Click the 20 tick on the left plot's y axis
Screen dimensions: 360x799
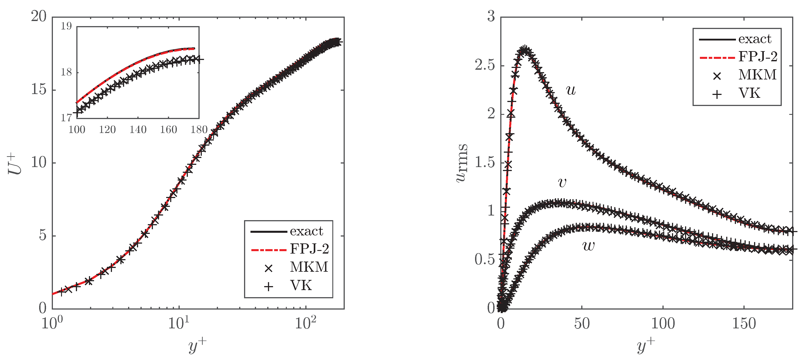tap(39, 16)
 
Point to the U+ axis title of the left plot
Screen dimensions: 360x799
tap(15, 164)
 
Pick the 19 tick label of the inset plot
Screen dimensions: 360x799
tap(66, 26)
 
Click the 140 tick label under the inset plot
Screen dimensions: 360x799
tap(138, 130)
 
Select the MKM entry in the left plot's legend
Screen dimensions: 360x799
tap(309, 267)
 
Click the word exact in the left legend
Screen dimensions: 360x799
tap(306, 231)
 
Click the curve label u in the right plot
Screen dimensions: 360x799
tap(571, 90)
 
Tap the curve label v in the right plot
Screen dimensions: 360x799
tap(562, 182)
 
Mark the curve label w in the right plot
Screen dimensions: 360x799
tap(588, 246)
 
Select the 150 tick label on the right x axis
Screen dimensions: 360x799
tap(744, 324)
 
